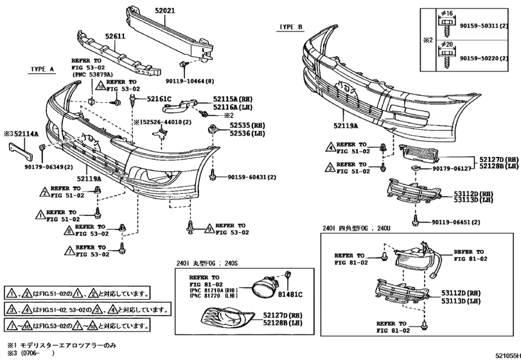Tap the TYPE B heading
290,27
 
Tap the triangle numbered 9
209,229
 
